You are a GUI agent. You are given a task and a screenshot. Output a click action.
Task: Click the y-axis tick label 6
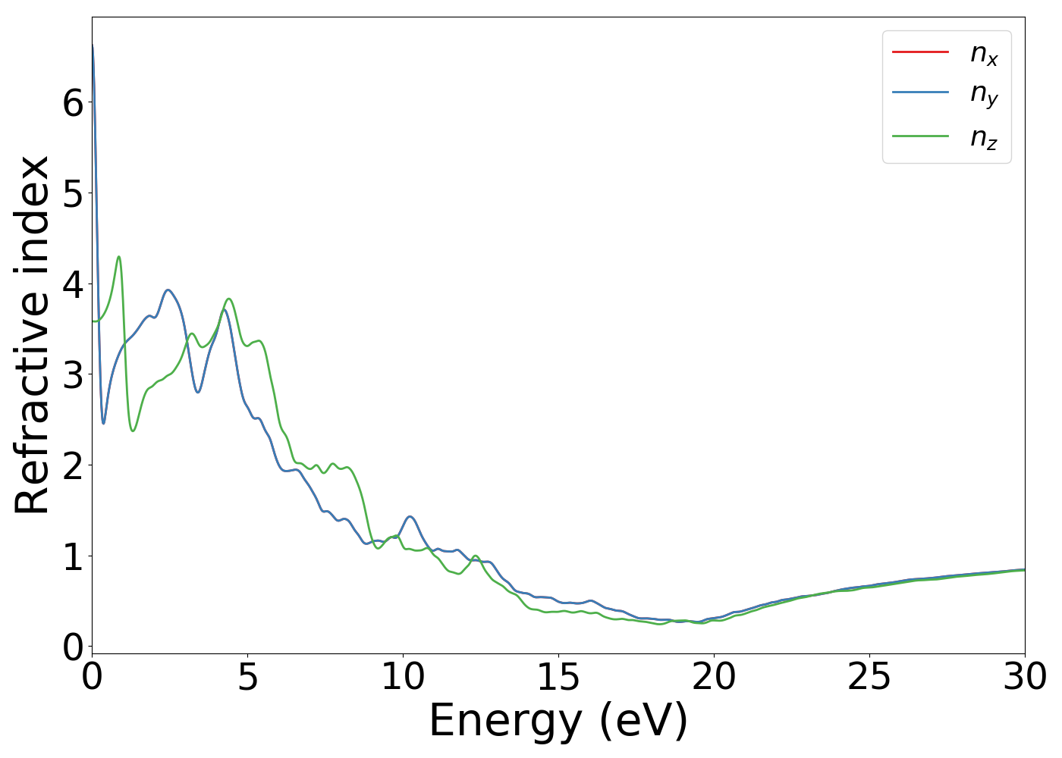click(73, 102)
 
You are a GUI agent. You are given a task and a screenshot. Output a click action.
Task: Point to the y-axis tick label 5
click(73, 193)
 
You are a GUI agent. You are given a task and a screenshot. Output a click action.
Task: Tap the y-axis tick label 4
click(73, 284)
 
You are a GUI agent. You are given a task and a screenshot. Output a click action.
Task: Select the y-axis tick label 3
click(73, 375)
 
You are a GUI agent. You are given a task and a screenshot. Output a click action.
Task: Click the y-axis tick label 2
click(73, 465)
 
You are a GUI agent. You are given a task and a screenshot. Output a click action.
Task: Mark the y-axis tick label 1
click(73, 556)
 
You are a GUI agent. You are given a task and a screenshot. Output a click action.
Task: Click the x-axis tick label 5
click(248, 677)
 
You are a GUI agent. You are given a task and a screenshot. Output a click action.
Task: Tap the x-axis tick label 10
click(403, 677)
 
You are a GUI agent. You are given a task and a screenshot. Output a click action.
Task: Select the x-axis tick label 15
click(558, 677)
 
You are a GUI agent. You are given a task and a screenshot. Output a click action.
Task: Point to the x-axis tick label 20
click(714, 677)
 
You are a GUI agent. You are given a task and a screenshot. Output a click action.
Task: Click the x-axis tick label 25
click(869, 677)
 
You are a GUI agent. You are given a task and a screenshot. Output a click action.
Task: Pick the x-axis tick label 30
click(1025, 677)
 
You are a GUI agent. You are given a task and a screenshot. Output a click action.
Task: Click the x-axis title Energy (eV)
click(558, 721)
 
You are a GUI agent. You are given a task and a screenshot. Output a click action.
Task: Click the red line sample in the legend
click(920, 52)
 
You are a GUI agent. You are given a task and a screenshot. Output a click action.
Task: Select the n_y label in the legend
click(984, 93)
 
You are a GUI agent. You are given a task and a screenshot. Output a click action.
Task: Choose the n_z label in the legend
click(984, 137)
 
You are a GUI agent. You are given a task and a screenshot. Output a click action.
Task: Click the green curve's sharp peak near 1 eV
click(118, 257)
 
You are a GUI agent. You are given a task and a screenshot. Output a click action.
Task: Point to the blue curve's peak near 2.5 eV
click(168, 290)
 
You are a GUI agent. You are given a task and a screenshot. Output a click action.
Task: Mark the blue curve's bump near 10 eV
click(410, 516)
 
